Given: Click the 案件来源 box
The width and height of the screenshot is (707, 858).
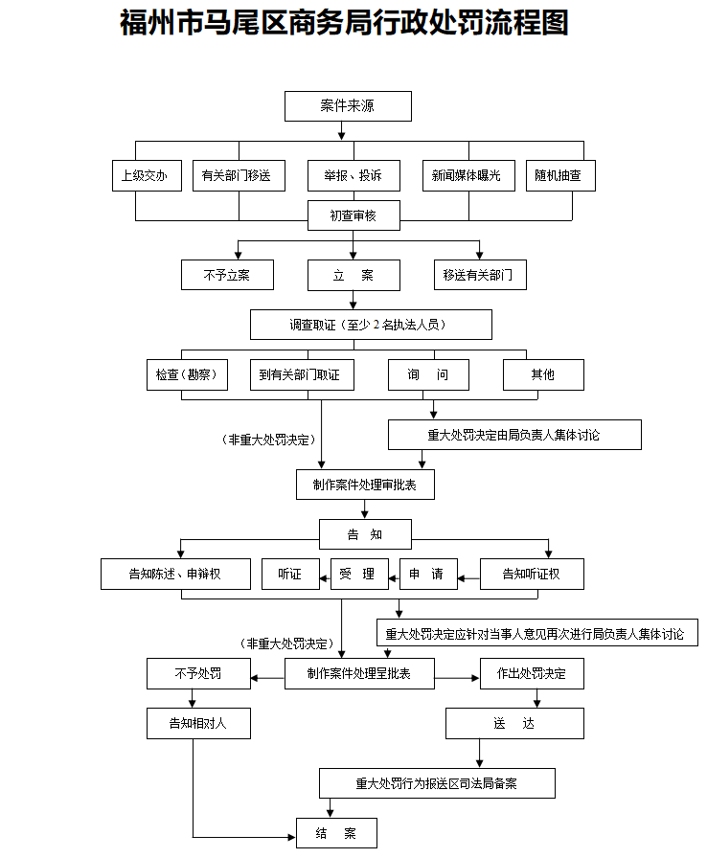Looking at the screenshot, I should (x=348, y=106).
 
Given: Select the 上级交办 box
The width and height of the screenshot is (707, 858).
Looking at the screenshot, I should (x=145, y=176).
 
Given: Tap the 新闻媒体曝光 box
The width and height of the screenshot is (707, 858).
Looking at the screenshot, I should (x=467, y=176).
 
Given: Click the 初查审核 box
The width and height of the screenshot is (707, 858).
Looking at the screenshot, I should (x=353, y=216).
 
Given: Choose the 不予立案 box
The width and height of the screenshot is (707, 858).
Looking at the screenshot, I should (x=227, y=276).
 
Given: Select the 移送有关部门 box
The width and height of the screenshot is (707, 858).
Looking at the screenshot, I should (x=479, y=276).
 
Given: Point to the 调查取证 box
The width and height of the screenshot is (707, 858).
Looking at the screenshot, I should (x=371, y=325).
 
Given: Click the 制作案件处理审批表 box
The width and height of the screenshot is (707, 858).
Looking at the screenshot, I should (x=365, y=485).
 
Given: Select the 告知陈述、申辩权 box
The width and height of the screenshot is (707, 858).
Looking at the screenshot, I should (x=175, y=575).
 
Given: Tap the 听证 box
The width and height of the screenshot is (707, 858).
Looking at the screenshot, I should (x=290, y=575).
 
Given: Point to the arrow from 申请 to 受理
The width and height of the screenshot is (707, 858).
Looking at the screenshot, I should (x=394, y=576).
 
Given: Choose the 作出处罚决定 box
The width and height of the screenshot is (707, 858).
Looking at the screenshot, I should (x=531, y=674).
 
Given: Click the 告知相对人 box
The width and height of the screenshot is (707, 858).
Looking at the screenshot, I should (x=198, y=723).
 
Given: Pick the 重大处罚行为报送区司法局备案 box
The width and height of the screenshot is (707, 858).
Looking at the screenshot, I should (x=437, y=783).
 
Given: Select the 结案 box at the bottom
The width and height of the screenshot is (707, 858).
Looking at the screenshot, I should (x=336, y=834).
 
